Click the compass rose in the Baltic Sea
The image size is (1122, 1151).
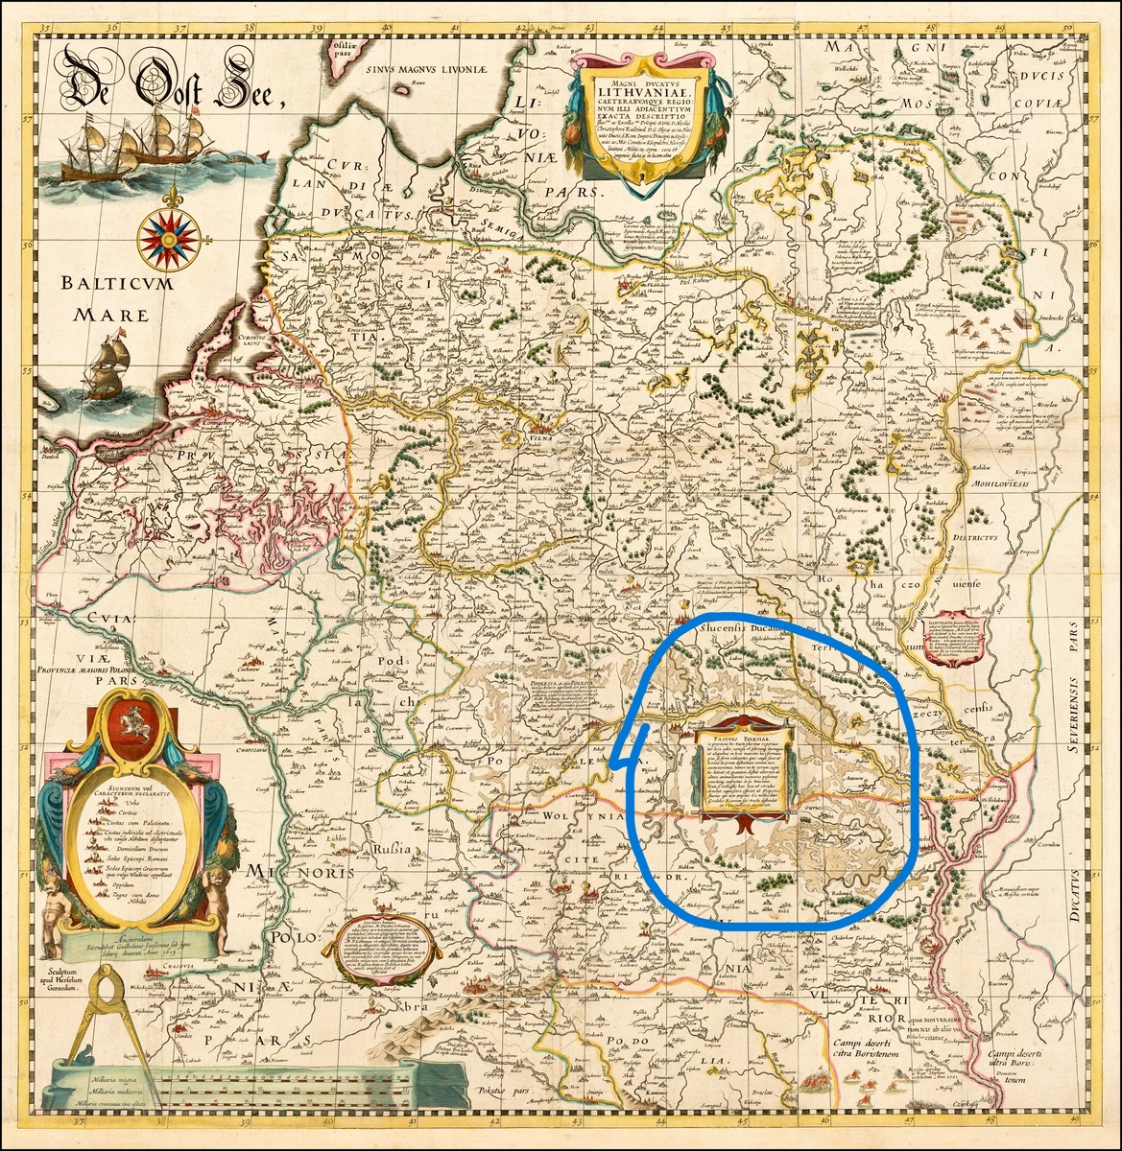pyautogui.click(x=168, y=235)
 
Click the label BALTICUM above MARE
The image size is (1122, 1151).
pyautogui.click(x=102, y=284)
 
